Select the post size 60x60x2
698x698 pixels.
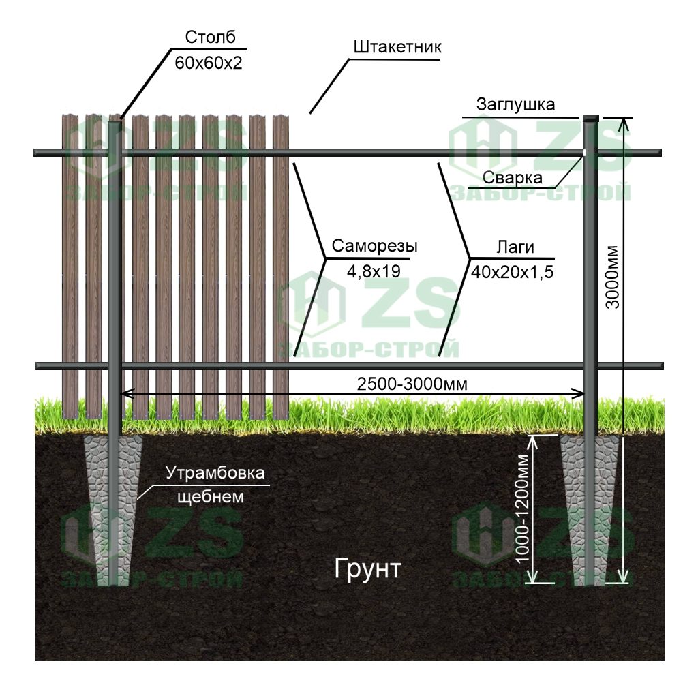(209, 63)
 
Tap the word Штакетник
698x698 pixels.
(398, 47)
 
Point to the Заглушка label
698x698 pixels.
(515, 104)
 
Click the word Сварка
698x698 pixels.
(513, 178)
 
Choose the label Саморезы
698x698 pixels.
(375, 247)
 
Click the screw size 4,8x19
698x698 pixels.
(373, 271)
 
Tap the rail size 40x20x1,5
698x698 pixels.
(512, 271)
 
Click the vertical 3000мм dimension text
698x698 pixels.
(612, 277)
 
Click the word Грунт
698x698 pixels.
(368, 568)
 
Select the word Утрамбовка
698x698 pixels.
(215, 473)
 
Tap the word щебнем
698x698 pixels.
(210, 496)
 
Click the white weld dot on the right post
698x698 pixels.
(585, 152)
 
